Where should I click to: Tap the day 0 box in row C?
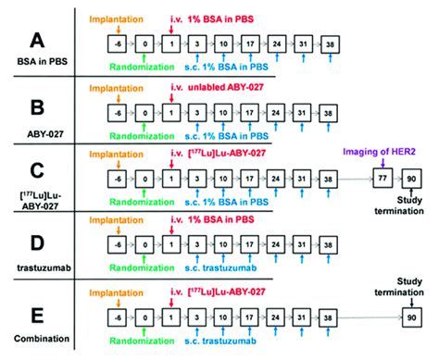pyautogui.click(x=144, y=180)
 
